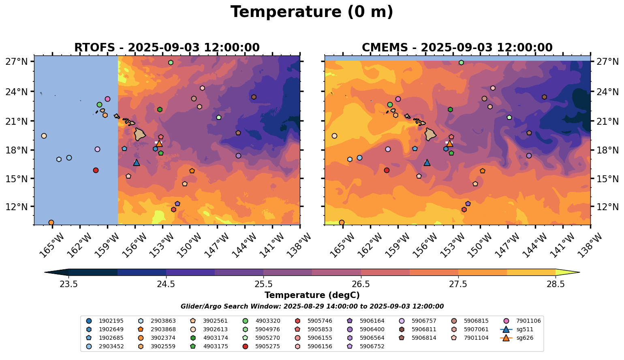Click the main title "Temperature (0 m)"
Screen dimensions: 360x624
(x=312, y=12)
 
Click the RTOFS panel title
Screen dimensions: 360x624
(x=167, y=47)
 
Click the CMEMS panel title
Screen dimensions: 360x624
(x=457, y=47)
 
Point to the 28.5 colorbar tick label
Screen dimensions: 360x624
(x=556, y=284)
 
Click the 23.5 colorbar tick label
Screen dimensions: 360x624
(x=68, y=284)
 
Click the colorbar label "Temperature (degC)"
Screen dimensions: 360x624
(x=312, y=295)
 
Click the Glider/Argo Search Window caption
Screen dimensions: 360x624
(x=312, y=307)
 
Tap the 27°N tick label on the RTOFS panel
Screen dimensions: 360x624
(x=17, y=62)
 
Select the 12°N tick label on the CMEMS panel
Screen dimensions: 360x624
(x=607, y=207)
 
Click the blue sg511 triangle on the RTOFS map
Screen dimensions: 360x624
(x=137, y=163)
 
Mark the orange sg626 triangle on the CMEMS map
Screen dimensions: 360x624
(x=450, y=143)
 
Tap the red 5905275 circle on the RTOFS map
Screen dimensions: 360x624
(x=96, y=170)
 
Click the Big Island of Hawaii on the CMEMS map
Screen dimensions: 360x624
(x=430, y=134)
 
